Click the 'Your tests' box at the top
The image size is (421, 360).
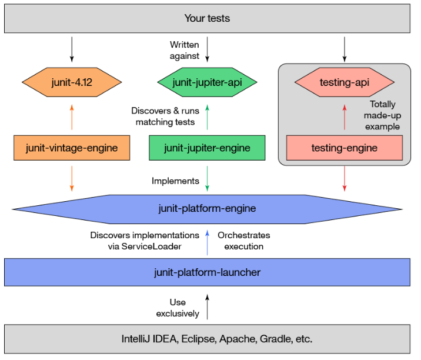tap(207, 18)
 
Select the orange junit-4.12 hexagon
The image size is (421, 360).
tap(72, 82)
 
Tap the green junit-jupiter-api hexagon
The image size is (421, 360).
tap(207, 82)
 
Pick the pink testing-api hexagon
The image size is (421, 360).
tap(344, 82)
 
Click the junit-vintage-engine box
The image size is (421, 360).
tap(72, 148)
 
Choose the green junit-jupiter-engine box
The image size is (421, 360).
tap(207, 148)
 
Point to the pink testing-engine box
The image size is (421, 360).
tap(344, 148)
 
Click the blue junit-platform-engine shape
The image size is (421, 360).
tap(207, 208)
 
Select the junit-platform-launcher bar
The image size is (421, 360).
tap(207, 272)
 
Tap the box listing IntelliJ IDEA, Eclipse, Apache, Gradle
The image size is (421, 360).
tap(207, 338)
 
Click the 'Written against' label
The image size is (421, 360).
tap(185, 50)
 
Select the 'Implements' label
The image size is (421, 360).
tap(175, 181)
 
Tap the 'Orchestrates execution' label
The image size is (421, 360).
tap(243, 241)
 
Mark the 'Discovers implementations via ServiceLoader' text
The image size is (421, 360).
tap(145, 241)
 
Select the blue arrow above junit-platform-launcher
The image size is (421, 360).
tap(207, 241)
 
